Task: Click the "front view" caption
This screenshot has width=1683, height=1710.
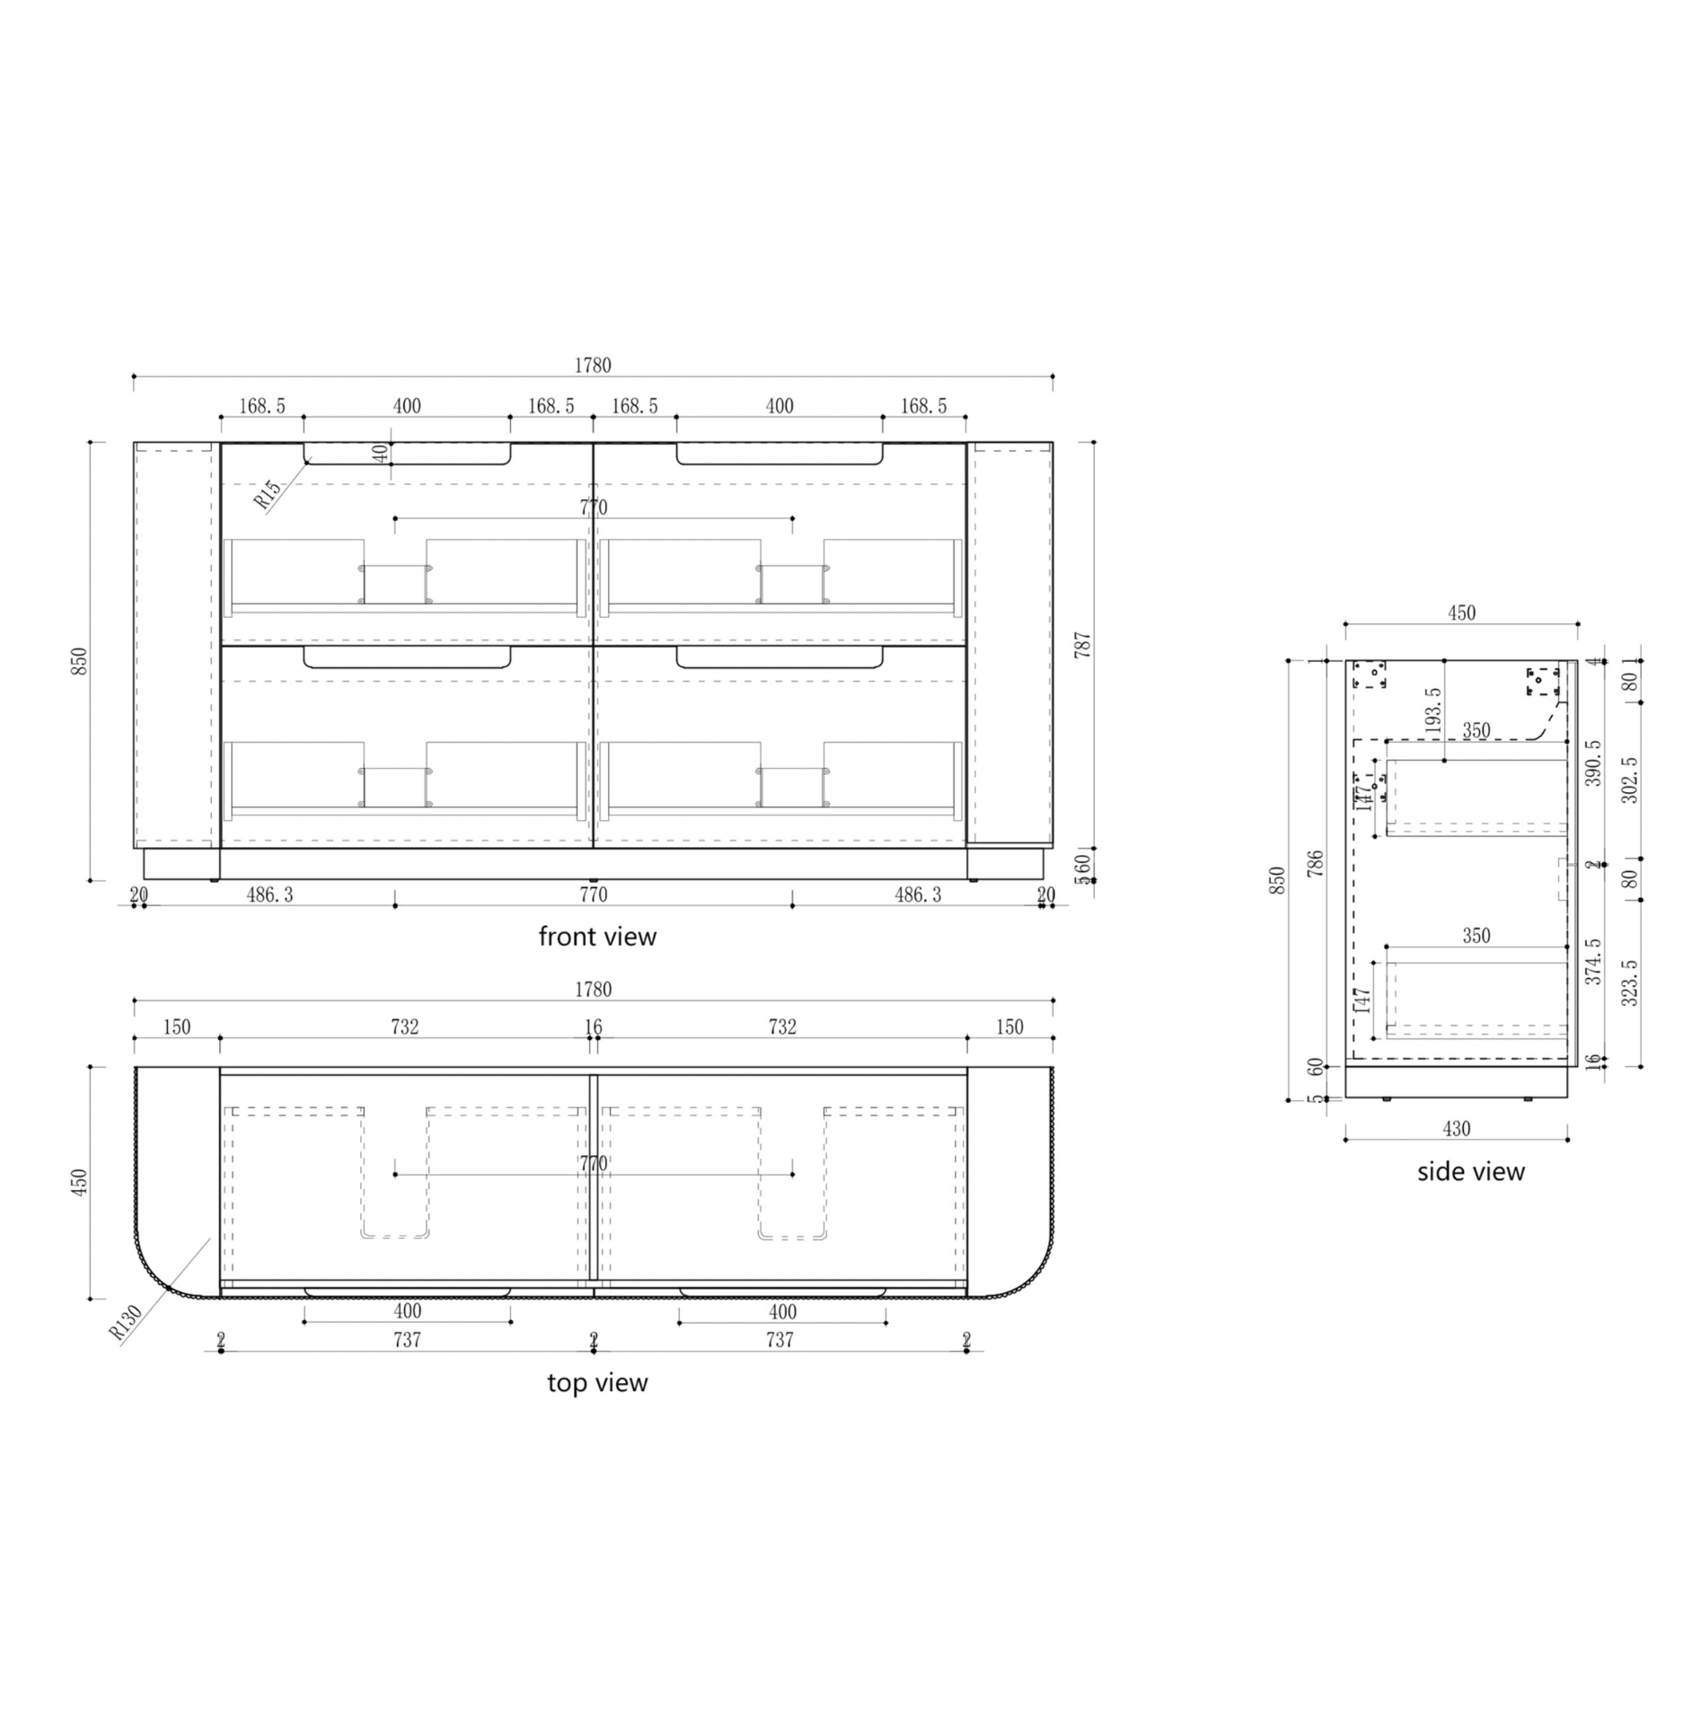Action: [597, 937]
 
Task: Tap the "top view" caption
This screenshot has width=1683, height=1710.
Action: [597, 1382]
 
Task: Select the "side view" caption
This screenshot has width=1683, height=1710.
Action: [1470, 1171]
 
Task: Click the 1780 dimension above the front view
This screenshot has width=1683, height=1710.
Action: [593, 365]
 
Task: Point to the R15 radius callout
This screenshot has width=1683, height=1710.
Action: [268, 495]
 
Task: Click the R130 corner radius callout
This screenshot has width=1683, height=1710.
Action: [126, 1322]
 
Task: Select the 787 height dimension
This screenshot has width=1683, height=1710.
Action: [1082, 645]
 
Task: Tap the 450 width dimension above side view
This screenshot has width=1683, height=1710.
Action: [1461, 613]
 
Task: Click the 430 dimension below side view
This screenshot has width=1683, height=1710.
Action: [1456, 1129]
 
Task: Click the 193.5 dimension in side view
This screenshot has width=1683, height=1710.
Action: [1433, 709]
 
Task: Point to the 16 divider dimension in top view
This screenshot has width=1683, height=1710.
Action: [593, 1027]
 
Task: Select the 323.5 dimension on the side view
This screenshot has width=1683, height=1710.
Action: [1630, 983]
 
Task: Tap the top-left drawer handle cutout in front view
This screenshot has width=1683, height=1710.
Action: [407, 454]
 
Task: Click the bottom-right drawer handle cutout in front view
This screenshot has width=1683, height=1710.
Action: [780, 657]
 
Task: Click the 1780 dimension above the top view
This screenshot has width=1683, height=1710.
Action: [593, 989]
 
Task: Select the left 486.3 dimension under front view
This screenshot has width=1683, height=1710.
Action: [269, 895]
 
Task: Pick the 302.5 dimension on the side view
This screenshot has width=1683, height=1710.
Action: [1630, 780]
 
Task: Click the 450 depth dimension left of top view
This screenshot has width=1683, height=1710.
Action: [80, 1182]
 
